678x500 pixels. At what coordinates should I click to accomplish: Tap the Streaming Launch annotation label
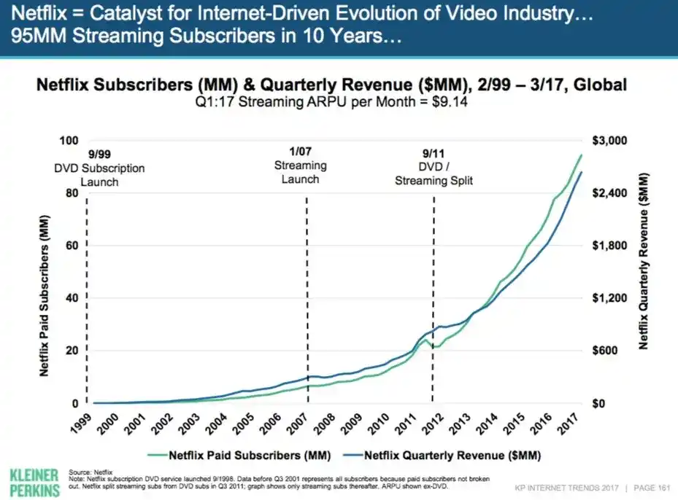coord(300,172)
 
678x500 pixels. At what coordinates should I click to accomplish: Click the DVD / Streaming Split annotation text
coord(434,173)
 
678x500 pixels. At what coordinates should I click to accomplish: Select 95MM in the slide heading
coord(27,36)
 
